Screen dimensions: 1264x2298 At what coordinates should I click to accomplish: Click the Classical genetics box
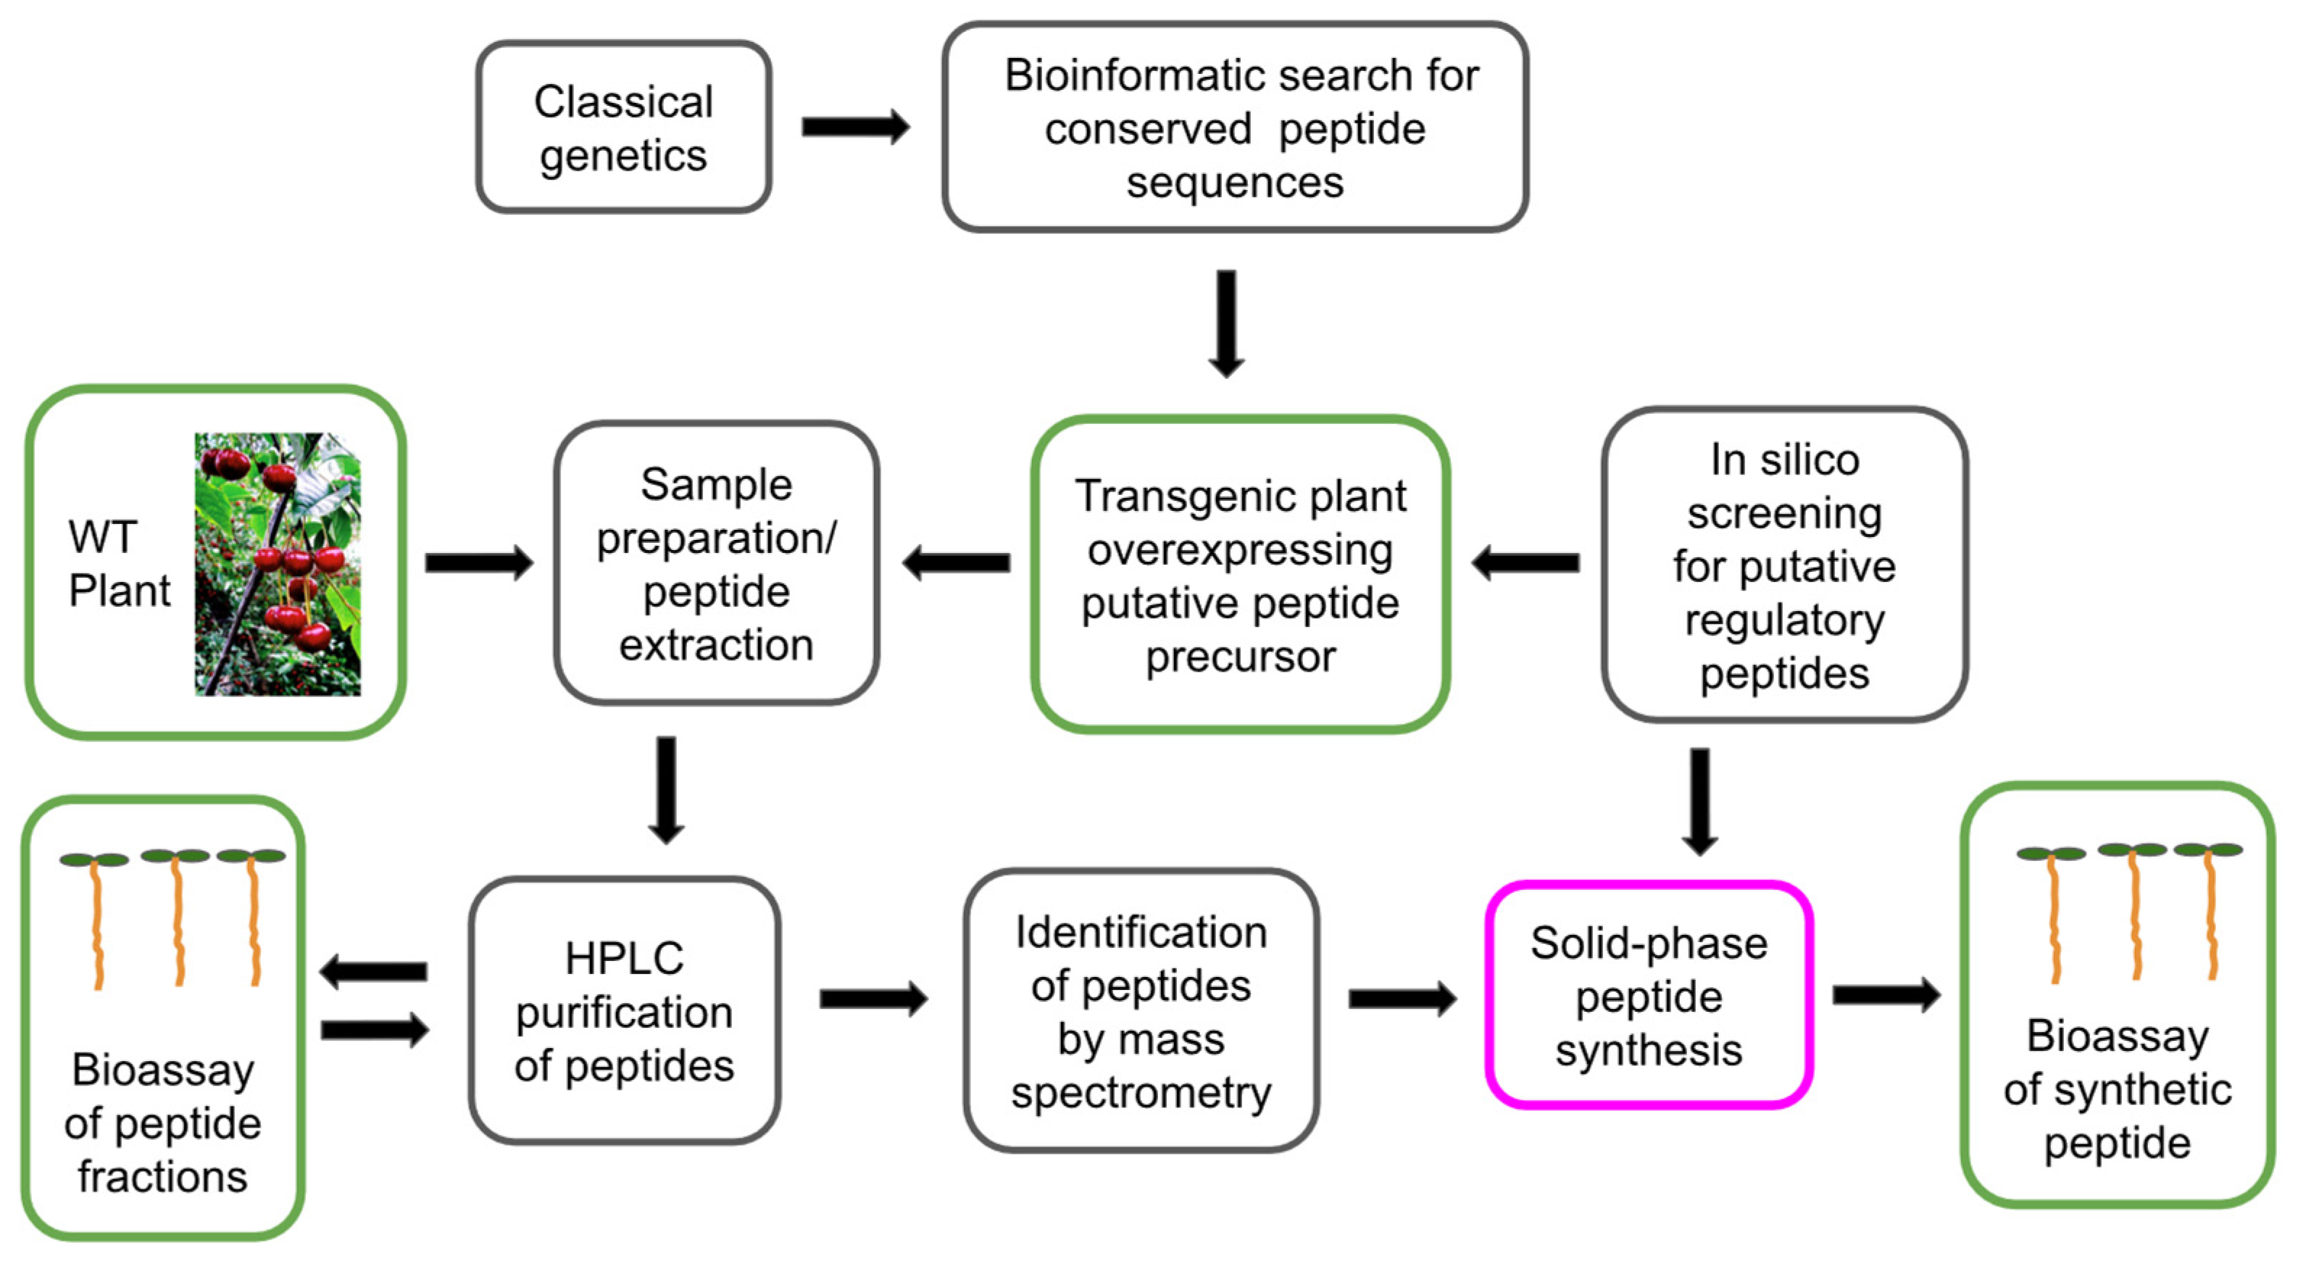point(623,127)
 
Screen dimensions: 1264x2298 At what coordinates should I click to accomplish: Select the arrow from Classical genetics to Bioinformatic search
point(854,127)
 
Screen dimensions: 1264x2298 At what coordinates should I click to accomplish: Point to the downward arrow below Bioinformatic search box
point(1227,323)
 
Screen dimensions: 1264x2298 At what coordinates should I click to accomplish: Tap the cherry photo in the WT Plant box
point(278,564)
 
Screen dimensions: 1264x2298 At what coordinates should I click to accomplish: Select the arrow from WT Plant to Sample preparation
point(479,563)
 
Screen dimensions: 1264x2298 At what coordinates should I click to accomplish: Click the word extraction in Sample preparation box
point(716,645)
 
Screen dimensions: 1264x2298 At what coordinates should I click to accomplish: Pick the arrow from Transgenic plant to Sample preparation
point(957,563)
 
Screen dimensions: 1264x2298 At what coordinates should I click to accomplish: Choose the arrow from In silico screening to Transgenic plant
point(1525,563)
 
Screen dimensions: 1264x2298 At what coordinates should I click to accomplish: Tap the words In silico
point(1784,460)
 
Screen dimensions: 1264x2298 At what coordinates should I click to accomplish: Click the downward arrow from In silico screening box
point(1700,801)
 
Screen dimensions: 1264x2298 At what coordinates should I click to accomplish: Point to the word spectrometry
point(1141,1094)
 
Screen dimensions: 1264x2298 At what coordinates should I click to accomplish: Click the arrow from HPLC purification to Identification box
point(873,998)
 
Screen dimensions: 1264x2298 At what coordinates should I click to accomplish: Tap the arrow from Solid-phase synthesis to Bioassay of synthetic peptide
point(1886,996)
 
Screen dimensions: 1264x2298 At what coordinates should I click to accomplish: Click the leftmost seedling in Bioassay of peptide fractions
point(96,919)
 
